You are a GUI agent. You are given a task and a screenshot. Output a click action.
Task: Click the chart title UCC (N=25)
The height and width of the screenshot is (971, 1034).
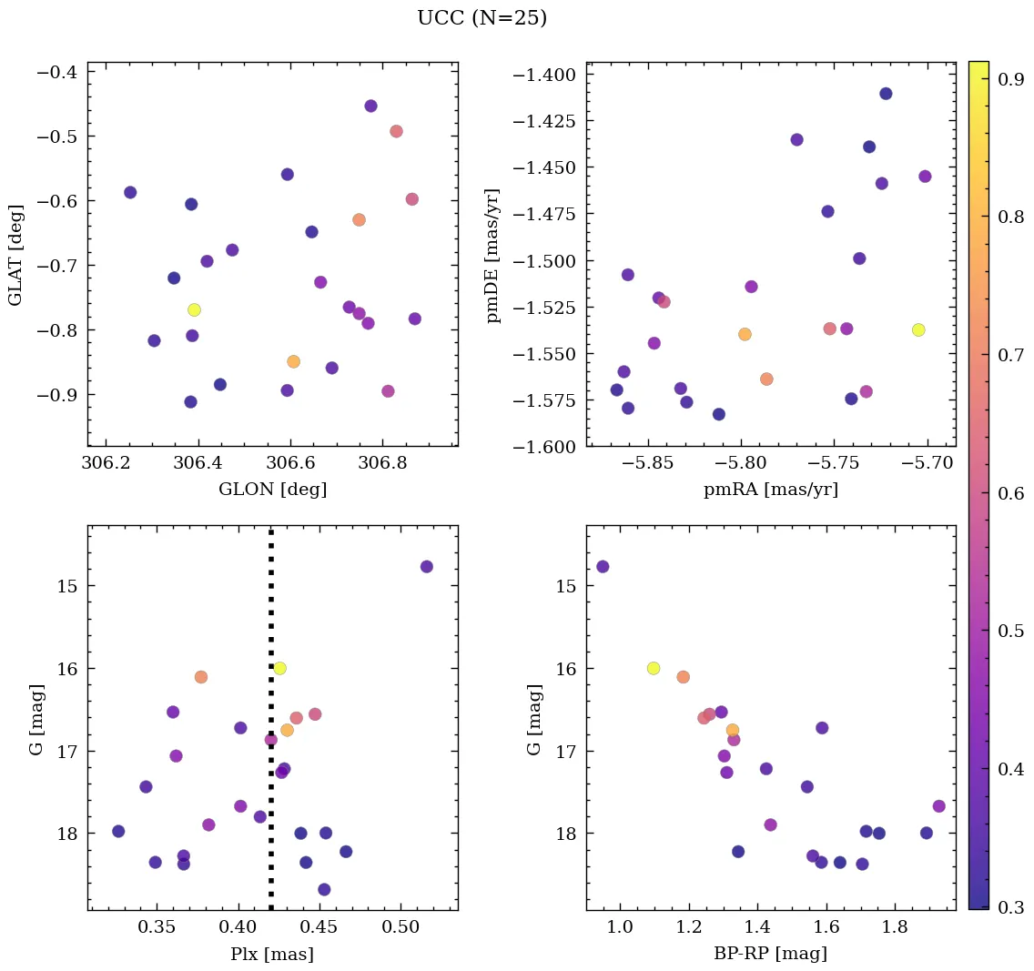coord(482,18)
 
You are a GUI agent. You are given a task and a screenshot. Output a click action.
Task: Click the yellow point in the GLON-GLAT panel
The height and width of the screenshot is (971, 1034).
coord(194,309)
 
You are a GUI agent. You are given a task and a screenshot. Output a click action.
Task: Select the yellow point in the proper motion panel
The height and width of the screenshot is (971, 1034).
coord(918,329)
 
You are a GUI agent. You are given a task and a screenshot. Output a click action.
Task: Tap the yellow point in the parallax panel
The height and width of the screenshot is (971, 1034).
coord(279,668)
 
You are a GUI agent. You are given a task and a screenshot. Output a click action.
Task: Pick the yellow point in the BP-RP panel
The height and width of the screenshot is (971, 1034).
coord(654,668)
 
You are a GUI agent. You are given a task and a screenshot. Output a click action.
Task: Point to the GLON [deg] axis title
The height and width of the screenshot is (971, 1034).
coord(272,490)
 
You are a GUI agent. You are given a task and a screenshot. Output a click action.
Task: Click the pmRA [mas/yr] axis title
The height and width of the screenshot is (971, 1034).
coord(771,490)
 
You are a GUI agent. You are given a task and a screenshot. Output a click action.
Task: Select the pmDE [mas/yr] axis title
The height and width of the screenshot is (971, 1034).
coord(494,255)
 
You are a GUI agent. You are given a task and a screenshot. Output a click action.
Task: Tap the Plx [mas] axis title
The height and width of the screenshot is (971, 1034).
coord(272,954)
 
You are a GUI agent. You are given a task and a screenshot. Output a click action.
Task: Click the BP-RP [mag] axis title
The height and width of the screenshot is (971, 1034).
coord(771,954)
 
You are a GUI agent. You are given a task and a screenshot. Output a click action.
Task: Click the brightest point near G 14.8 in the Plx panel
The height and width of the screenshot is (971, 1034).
coord(427,566)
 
